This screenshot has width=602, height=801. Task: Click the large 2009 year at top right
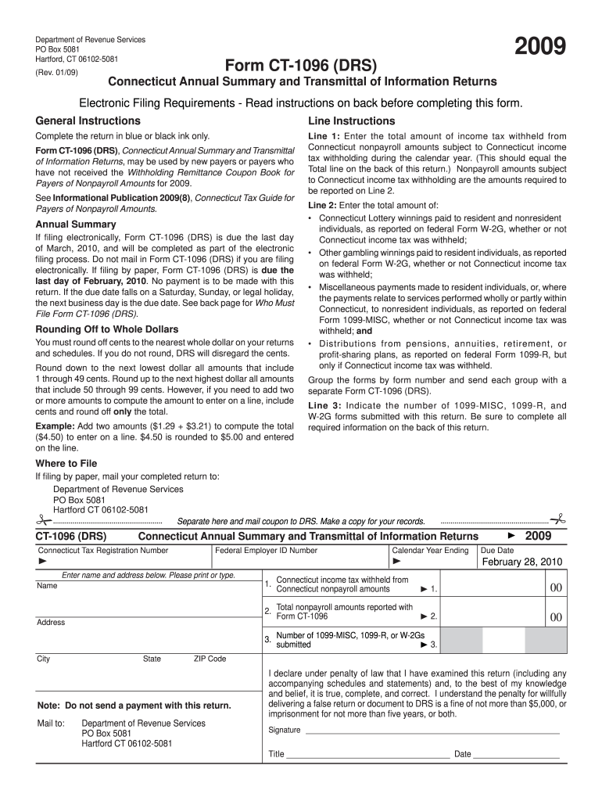[x=540, y=49]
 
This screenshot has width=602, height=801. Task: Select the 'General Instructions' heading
[x=88, y=120]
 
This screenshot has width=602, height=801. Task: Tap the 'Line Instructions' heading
[x=352, y=120]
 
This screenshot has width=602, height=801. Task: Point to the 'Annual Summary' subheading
[x=76, y=224]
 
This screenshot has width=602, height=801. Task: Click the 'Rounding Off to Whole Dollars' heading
[x=107, y=329]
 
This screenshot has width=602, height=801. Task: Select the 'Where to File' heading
[x=66, y=463]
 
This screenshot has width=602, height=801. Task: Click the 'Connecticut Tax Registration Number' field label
[x=103, y=551]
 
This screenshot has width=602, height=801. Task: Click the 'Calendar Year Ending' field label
[x=430, y=551]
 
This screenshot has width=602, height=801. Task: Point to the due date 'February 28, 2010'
[x=521, y=562]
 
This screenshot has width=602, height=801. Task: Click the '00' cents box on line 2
[x=556, y=617]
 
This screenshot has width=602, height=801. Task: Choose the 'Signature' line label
[x=285, y=730]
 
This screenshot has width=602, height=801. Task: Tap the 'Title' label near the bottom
[x=277, y=755]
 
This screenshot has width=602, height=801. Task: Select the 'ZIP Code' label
[x=210, y=659]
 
